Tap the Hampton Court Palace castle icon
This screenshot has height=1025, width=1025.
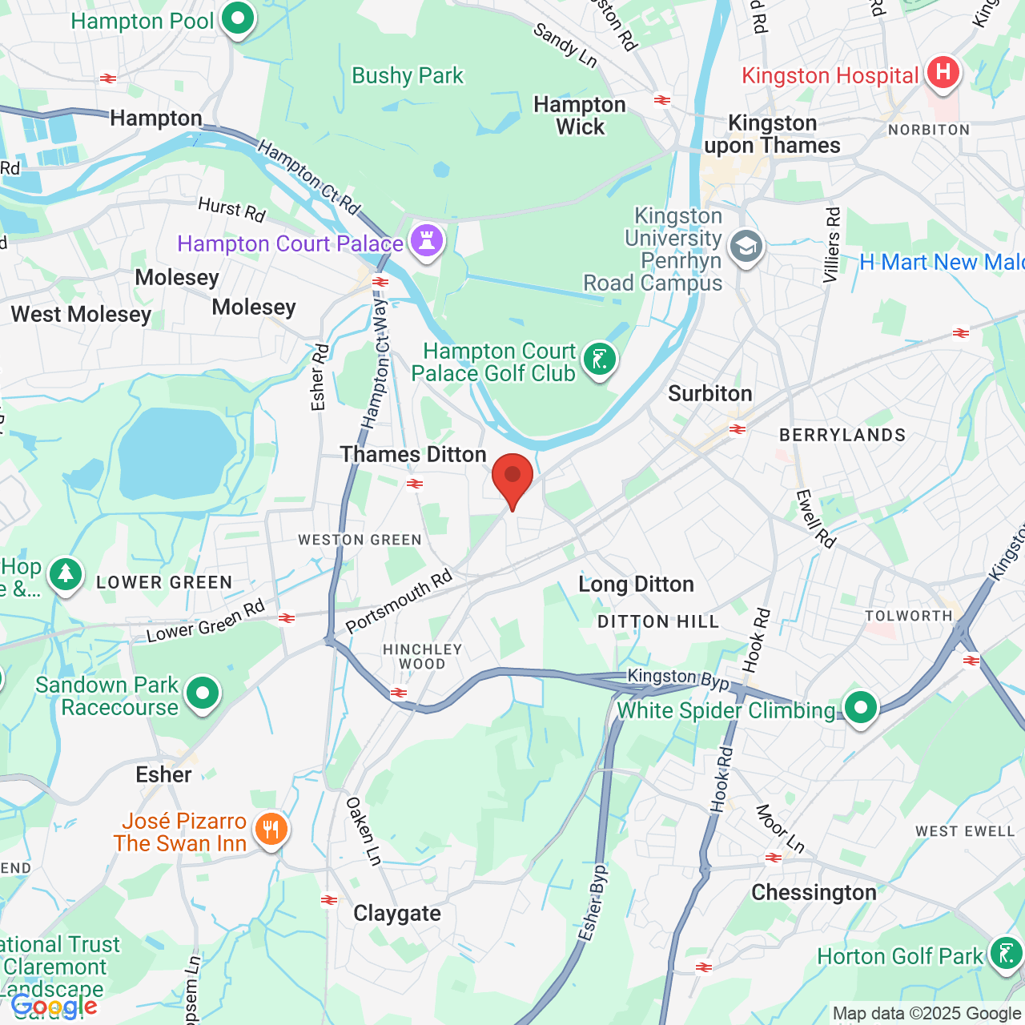tap(426, 240)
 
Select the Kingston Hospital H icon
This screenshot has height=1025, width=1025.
tap(943, 73)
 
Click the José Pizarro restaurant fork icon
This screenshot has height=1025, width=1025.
tap(271, 830)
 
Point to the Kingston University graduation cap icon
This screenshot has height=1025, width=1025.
tap(746, 247)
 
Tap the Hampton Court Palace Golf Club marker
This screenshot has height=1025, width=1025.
tap(599, 359)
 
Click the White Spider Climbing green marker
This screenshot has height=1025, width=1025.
tap(861, 708)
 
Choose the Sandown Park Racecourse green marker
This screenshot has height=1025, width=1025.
tap(203, 693)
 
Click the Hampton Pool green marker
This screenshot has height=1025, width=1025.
tap(237, 18)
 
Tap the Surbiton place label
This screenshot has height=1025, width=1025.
tap(709, 394)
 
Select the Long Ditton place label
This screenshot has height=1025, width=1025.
tap(636, 585)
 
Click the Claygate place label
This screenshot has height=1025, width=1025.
tap(397, 914)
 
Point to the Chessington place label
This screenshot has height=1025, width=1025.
tap(814, 893)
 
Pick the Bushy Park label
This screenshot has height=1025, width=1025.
tap(408, 76)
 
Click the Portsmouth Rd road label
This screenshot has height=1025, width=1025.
tap(399, 601)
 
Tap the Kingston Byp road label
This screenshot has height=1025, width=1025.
tap(677, 678)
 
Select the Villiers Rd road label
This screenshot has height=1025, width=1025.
tap(833, 245)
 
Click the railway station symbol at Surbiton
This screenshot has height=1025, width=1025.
tap(738, 430)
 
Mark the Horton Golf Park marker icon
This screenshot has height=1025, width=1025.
tap(1005, 954)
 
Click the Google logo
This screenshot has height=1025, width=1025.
tap(54, 1007)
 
